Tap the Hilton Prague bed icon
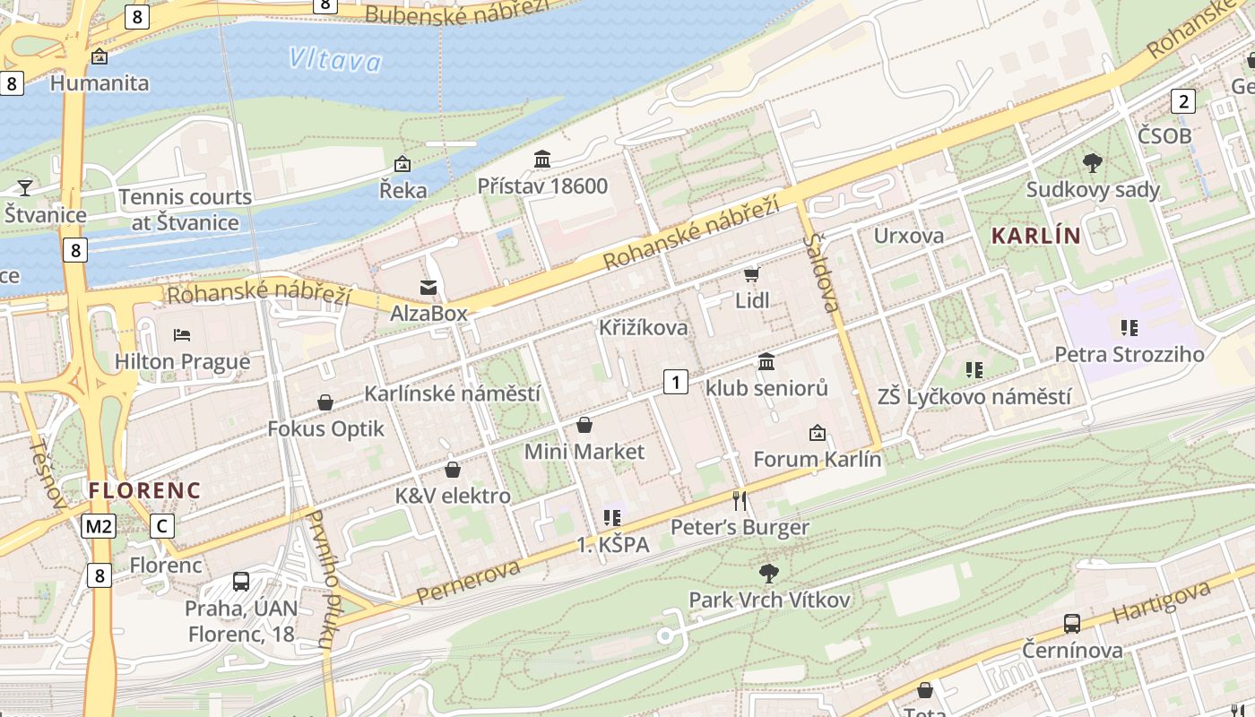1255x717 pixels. (182, 335)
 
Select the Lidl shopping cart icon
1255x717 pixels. (751, 273)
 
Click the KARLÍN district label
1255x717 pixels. (1035, 236)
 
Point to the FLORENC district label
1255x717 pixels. (144, 490)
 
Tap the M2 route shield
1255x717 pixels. (98, 526)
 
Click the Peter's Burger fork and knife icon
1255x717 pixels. (740, 500)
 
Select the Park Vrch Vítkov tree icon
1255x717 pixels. (768, 573)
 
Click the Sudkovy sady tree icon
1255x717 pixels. (1092, 163)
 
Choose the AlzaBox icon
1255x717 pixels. (428, 287)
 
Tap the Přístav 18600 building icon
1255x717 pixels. (542, 160)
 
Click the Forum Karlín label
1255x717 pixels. (818, 460)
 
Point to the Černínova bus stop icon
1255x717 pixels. (1071, 623)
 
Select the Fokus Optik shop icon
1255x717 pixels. (325, 402)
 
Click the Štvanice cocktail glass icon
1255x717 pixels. (25, 187)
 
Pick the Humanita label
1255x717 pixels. (100, 83)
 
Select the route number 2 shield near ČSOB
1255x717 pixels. (1183, 101)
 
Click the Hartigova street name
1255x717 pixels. (1162, 601)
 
